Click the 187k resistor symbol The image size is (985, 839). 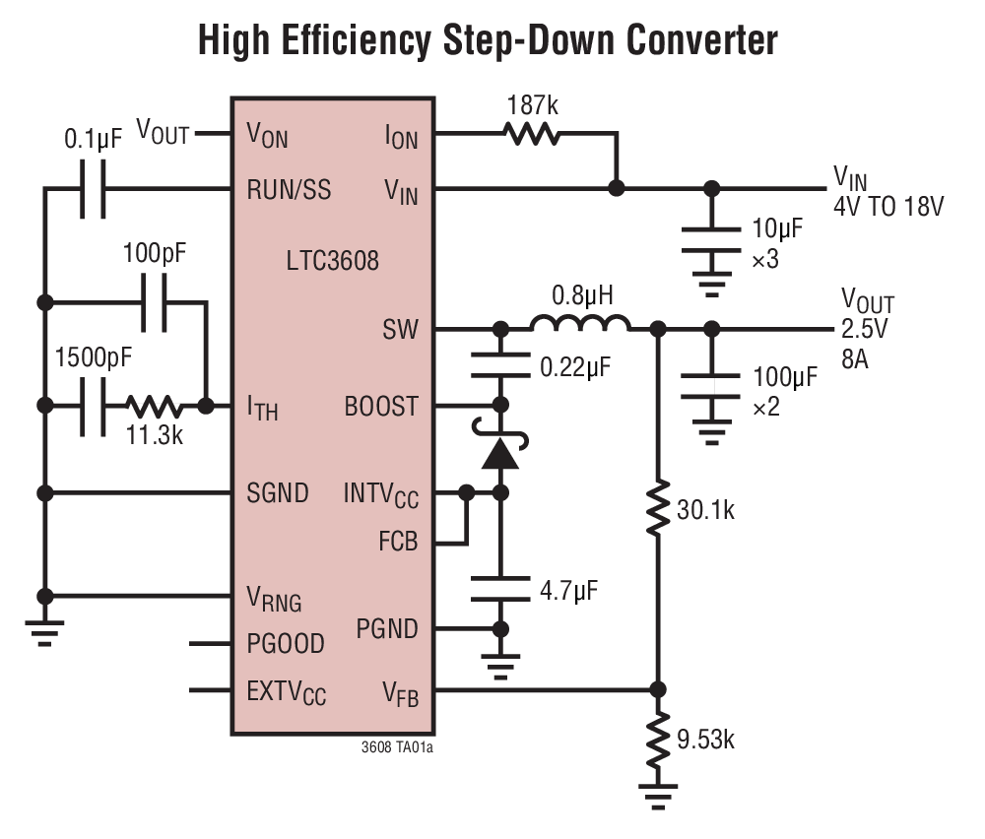click(x=532, y=134)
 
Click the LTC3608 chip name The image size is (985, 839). click(x=332, y=262)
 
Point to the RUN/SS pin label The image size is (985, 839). click(x=289, y=189)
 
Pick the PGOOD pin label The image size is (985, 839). click(x=285, y=644)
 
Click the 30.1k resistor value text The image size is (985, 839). click(x=705, y=510)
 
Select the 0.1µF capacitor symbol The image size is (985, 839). click(x=93, y=189)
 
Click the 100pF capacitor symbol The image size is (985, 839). click(x=157, y=300)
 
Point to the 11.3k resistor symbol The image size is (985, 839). click(x=153, y=405)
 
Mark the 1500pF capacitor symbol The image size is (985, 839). click(x=93, y=405)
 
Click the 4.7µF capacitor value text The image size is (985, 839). click(x=569, y=591)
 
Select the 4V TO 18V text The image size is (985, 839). click(x=888, y=207)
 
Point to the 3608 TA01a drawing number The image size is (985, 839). click(x=397, y=747)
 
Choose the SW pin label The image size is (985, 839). click(x=401, y=329)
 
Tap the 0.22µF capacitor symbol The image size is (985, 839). click(x=501, y=368)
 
